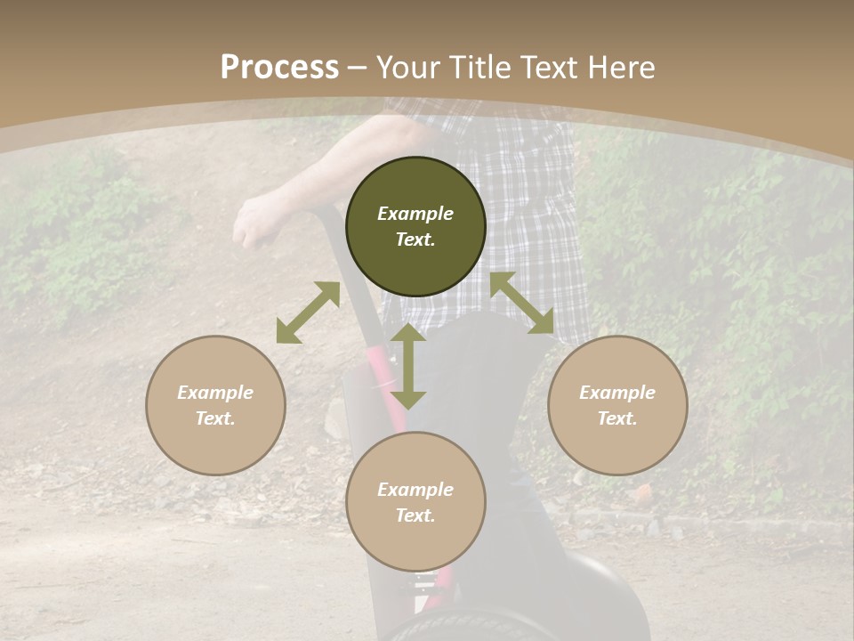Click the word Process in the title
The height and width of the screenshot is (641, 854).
tap(279, 68)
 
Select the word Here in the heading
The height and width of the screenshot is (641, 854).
tap(620, 68)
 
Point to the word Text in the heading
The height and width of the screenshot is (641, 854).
tap(547, 68)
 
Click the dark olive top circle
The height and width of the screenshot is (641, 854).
tap(415, 226)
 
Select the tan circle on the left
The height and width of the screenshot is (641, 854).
tap(215, 405)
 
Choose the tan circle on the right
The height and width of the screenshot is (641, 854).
tap(617, 405)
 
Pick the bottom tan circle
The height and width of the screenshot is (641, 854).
tap(415, 501)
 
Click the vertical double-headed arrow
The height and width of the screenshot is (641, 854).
tap(408, 367)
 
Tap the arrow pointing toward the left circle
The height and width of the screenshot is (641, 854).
tap(308, 312)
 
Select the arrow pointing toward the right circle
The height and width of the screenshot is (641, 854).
tap(522, 303)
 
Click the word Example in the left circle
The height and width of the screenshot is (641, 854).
tap(215, 393)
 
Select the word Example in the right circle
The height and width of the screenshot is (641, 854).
tap(617, 393)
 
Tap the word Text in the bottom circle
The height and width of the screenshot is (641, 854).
tap(414, 515)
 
